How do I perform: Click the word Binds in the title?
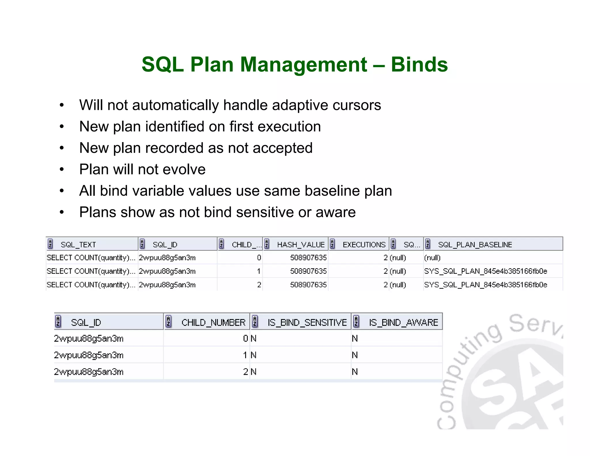pos(419,64)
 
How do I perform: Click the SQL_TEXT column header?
pos(78,245)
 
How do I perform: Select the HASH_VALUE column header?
pos(301,245)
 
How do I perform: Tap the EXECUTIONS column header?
pos(364,245)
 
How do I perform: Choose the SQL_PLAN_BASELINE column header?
pos(475,245)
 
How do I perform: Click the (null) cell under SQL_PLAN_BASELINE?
pos(432,258)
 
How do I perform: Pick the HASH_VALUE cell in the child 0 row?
pos(308,258)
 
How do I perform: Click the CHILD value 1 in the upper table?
pos(259,271)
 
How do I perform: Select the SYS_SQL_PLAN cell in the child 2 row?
pos(485,285)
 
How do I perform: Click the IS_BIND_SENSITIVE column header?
pos(307,322)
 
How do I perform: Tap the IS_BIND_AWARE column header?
pos(403,322)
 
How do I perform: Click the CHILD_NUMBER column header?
pos(213,322)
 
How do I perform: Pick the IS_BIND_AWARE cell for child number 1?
pos(355,355)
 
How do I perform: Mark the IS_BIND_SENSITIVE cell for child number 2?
pos(254,372)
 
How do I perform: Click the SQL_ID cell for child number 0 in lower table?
pos(88,338)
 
